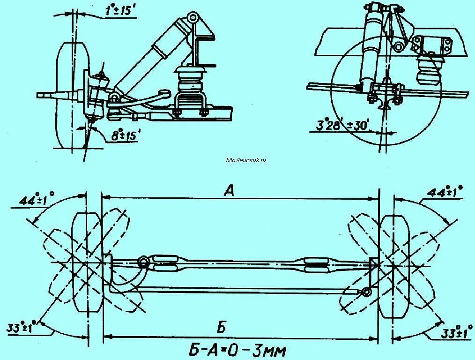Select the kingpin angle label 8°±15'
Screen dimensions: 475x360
pos(126,136)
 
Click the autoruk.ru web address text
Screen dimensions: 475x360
pos(246,160)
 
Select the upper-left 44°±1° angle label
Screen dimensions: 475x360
pos(36,200)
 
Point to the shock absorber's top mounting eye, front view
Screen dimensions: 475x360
pos(193,18)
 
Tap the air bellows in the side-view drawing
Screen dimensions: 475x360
pos(428,70)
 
